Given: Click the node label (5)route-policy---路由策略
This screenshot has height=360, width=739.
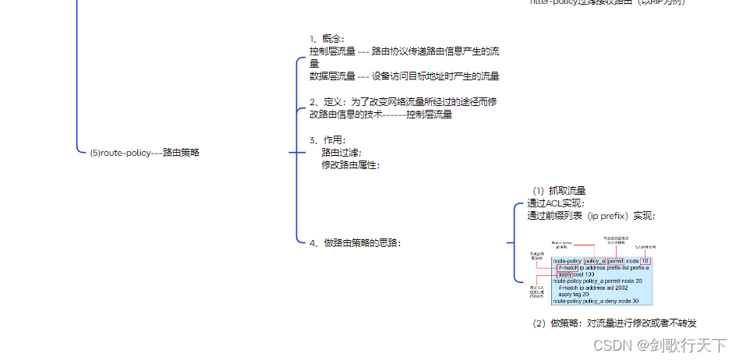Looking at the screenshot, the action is click(x=144, y=153).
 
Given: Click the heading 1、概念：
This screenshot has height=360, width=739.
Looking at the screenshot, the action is click(x=326, y=39).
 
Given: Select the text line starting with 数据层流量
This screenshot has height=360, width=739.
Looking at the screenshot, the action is click(x=404, y=76).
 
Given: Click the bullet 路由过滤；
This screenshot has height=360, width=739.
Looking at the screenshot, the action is click(x=341, y=153).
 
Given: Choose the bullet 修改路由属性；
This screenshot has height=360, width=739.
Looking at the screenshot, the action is click(x=351, y=165).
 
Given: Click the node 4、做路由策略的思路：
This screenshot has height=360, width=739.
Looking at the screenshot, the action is click(x=355, y=242).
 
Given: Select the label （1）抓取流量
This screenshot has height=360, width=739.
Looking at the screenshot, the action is click(x=559, y=190).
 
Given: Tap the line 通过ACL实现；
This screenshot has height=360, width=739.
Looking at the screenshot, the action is click(x=556, y=203).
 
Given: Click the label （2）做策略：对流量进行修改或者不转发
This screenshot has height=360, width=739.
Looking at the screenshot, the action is click(x=613, y=323).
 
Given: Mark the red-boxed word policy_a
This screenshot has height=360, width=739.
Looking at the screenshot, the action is click(x=594, y=261).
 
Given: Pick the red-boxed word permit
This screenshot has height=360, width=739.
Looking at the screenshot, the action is click(x=616, y=261).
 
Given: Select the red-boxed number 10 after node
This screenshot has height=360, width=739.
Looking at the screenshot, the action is click(x=645, y=261).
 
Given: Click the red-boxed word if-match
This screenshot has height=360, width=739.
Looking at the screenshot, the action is click(x=567, y=268).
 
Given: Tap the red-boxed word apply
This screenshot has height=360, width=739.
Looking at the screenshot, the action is click(x=565, y=275).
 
